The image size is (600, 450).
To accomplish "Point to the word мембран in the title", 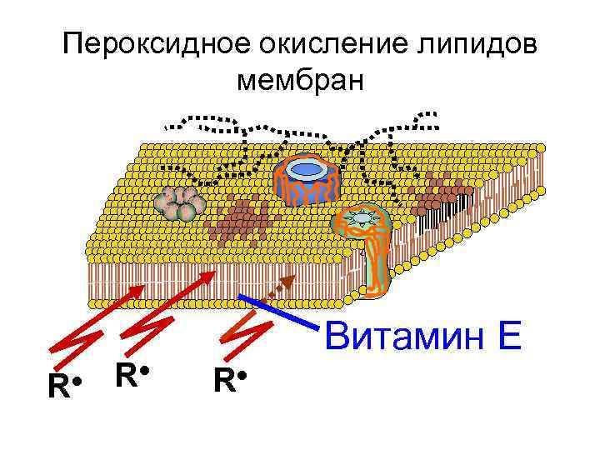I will [300, 82].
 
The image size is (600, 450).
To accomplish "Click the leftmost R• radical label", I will [63, 387].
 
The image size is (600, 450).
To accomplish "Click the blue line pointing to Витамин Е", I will [279, 310].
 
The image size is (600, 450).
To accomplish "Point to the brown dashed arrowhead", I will [289, 279].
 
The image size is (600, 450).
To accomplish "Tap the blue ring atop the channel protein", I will [307, 169].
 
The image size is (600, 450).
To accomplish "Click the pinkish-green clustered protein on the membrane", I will [178, 202].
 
